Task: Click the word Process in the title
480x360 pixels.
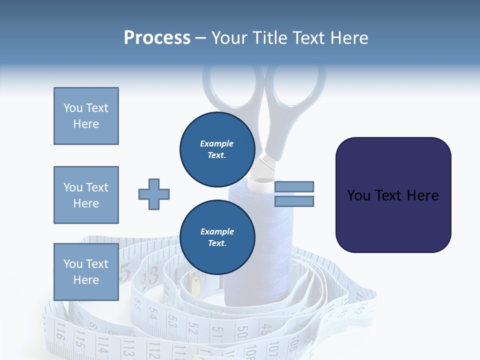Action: pos(157,37)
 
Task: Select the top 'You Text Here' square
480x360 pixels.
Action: pos(86,116)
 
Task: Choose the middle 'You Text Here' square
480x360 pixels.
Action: pos(86,195)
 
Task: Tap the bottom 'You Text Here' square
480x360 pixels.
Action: pos(86,271)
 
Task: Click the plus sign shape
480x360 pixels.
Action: pos(153,194)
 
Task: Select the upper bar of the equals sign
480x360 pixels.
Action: pos(294,186)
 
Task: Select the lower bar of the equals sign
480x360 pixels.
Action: pos(294,201)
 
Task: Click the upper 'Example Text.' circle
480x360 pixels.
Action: pos(217,149)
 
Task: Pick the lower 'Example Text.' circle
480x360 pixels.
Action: pos(217,237)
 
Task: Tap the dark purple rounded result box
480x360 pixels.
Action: pos(393,195)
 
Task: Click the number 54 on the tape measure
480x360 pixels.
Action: pos(153,313)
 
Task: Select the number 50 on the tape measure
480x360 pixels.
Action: pos(242,332)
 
